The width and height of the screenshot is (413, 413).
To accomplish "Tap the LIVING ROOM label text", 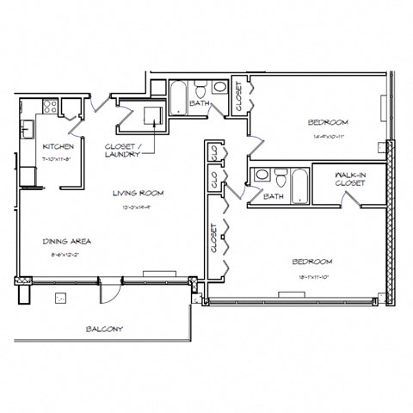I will click(137, 193).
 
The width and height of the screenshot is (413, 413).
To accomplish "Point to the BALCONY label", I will click(103, 330).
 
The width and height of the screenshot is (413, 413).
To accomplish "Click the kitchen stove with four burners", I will click(49, 108).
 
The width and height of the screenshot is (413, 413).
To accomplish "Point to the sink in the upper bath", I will click(219, 87).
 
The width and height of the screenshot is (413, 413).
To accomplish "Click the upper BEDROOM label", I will click(328, 121).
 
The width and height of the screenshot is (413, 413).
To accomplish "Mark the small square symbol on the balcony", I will click(61, 299).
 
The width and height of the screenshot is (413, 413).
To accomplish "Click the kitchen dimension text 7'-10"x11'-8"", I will click(44, 157).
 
